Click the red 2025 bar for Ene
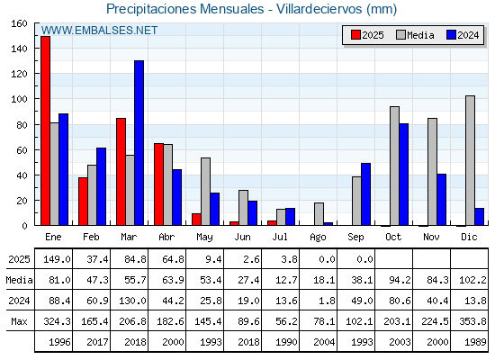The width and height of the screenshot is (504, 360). [x=45, y=130]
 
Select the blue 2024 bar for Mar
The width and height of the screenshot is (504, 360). [x=139, y=143]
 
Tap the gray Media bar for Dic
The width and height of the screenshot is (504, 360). [x=470, y=160]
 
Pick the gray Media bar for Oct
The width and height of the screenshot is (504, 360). [x=395, y=166]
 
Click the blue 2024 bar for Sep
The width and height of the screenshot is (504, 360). [x=365, y=194]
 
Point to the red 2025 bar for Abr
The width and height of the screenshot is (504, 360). [x=158, y=184]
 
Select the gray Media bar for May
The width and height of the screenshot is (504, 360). [x=206, y=191]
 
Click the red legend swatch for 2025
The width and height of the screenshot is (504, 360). [x=355, y=35]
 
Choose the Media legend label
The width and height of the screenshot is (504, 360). [x=420, y=35]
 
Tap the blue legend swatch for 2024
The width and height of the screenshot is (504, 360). [x=451, y=35]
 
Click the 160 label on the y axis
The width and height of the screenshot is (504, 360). [x=19, y=23]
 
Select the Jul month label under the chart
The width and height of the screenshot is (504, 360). [x=280, y=238]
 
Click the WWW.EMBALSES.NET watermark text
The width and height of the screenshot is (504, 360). [x=99, y=31]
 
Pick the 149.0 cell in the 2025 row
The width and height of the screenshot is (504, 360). [x=57, y=259]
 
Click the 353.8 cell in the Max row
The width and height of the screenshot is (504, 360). [x=472, y=321]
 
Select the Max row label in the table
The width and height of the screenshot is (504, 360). [x=19, y=321]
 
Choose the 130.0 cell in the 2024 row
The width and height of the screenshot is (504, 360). [x=132, y=301]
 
